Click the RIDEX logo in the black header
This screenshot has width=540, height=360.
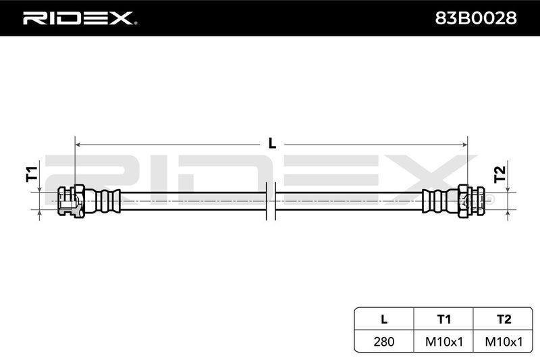pyautogui.click(x=80, y=18)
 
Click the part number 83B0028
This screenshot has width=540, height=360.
pyautogui.click(x=476, y=18)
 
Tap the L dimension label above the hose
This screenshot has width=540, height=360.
pyautogui.click(x=272, y=143)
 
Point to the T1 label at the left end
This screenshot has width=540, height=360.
pyautogui.click(x=32, y=174)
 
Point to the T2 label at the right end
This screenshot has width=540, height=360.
pyautogui.click(x=500, y=174)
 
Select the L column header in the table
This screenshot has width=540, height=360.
pyautogui.click(x=384, y=319)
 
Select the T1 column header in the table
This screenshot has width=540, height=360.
pyautogui.click(x=443, y=319)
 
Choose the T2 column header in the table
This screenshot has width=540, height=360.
pyautogui.click(x=504, y=319)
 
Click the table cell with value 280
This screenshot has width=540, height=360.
pyautogui.click(x=384, y=341)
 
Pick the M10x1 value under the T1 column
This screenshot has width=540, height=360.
pyautogui.click(x=444, y=341)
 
